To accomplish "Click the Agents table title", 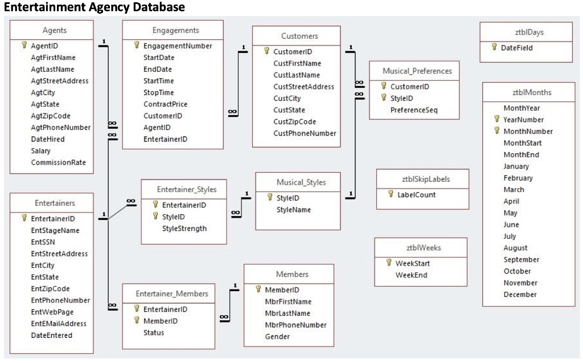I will click(x=54, y=30).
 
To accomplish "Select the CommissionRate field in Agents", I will click(x=58, y=162).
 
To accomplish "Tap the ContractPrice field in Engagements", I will click(x=165, y=104).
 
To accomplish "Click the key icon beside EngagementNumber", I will click(x=137, y=46).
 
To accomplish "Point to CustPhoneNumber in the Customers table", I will click(x=305, y=133).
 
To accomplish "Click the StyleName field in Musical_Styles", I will click(x=293, y=210).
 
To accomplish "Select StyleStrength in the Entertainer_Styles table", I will click(x=184, y=229).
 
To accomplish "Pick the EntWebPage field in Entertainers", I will click(x=52, y=312).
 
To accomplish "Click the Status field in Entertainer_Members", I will click(x=153, y=332).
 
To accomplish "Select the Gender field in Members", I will click(x=277, y=336).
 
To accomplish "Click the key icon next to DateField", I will click(x=495, y=48).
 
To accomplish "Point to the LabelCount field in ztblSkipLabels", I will click(x=416, y=194).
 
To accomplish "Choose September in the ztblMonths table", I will click(x=521, y=259).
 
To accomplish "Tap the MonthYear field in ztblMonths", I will click(x=522, y=108).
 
